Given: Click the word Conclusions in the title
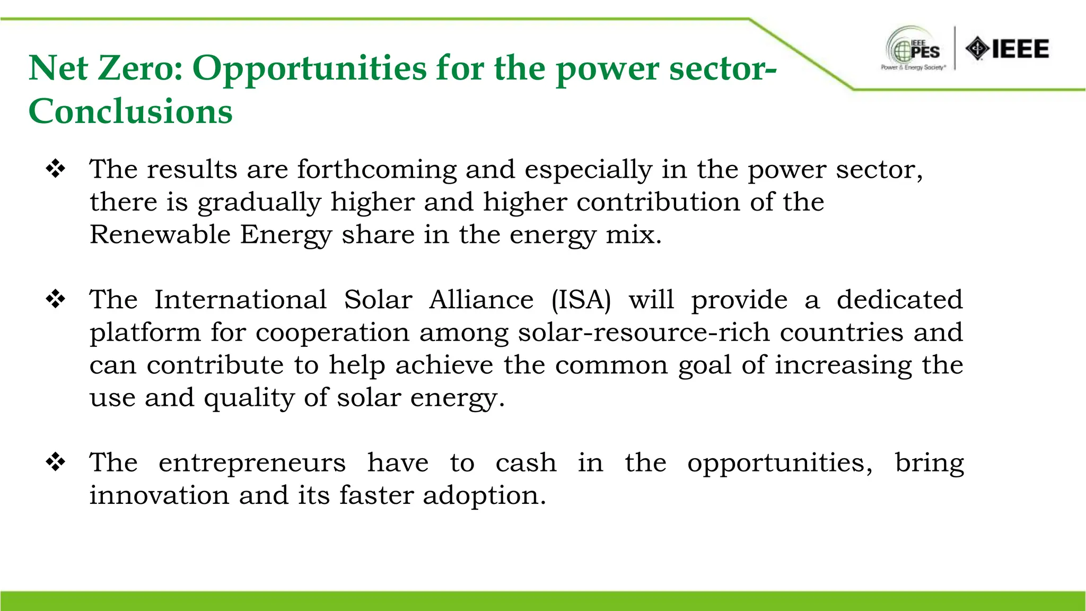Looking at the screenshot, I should [130, 111].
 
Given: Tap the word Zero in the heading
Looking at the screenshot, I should [141, 68].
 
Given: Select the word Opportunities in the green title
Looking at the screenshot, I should [309, 68].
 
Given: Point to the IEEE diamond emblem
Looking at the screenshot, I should [977, 49].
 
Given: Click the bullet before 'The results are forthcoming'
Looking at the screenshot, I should [56, 169].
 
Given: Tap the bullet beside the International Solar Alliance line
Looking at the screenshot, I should [56, 300].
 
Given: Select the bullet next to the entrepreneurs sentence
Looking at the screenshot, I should [56, 462].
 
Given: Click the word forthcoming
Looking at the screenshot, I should [376, 170].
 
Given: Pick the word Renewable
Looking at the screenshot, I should [160, 234].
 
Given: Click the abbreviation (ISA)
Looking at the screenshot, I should [581, 300].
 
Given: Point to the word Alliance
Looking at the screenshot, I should [481, 300].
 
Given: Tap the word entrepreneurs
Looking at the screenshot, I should [252, 462].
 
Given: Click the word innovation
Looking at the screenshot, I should [159, 495].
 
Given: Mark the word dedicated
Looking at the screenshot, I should [899, 300].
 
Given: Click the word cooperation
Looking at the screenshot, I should [332, 333].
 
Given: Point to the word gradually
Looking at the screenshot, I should [259, 203].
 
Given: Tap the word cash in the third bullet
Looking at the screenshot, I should [526, 462].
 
